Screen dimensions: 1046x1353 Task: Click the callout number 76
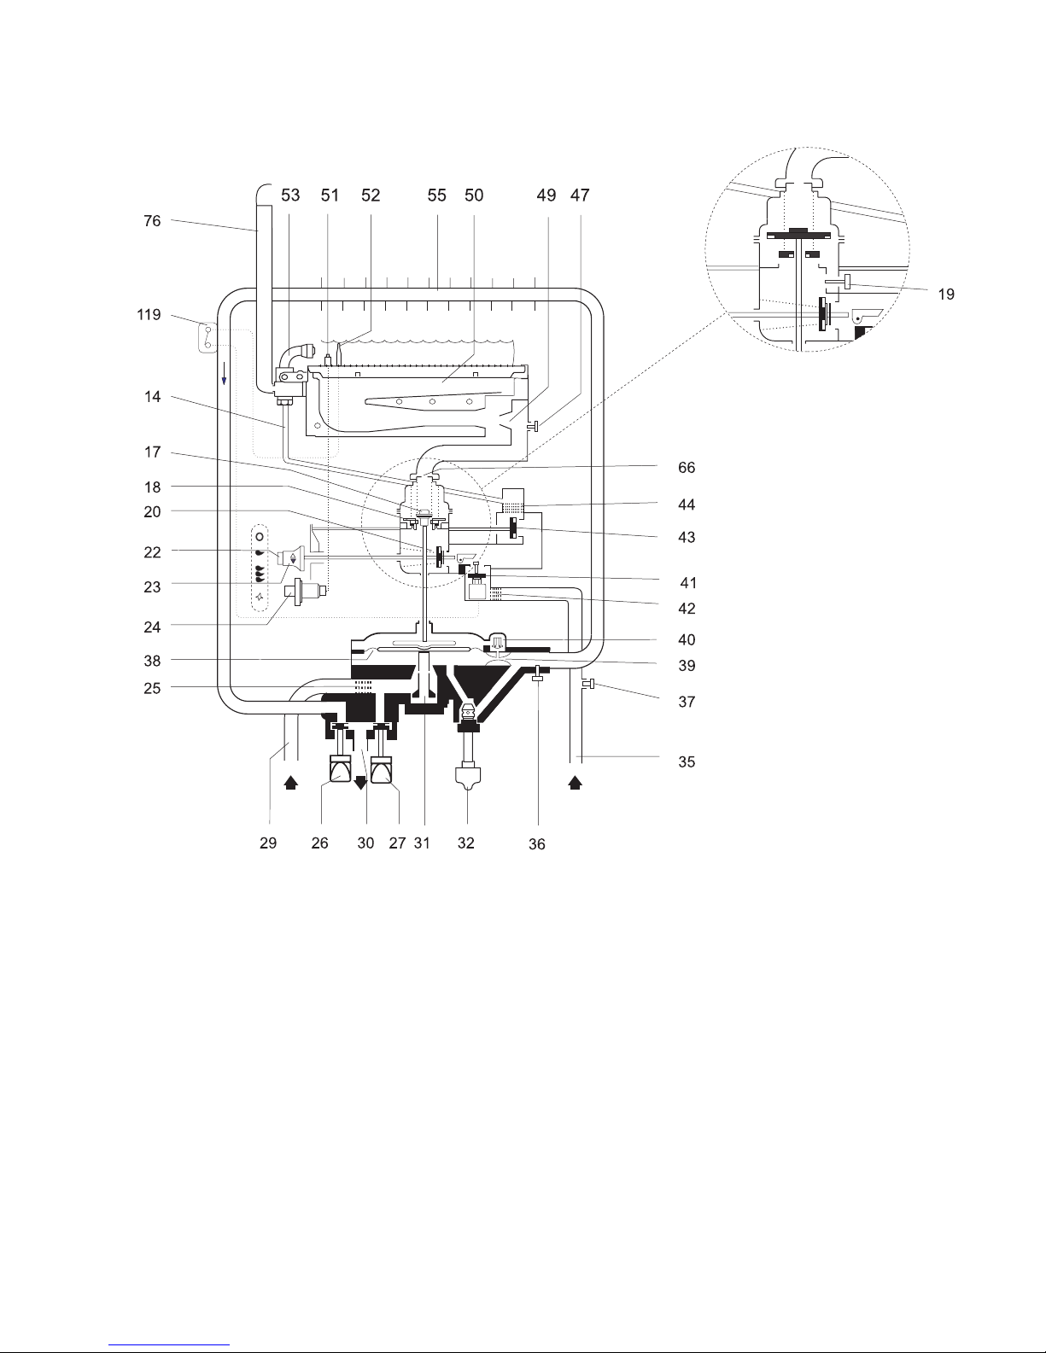pyautogui.click(x=152, y=221)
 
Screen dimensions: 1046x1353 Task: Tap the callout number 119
pyautogui.click(x=149, y=315)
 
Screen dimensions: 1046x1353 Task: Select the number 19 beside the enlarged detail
pyautogui.click(x=946, y=295)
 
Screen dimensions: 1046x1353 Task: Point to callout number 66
pyautogui.click(x=687, y=468)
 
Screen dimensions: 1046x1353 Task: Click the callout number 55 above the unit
pyautogui.click(x=436, y=195)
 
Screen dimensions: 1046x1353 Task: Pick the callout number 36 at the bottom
pyautogui.click(x=537, y=844)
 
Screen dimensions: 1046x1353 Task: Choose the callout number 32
pyautogui.click(x=465, y=843)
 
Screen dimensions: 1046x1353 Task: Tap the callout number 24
pyautogui.click(x=152, y=627)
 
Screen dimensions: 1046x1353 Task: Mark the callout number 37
pyautogui.click(x=687, y=703)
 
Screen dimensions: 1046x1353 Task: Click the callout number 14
pyautogui.click(x=152, y=397)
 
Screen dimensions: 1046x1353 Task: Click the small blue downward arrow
pyautogui.click(x=224, y=376)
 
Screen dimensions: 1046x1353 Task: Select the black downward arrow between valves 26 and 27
pyautogui.click(x=360, y=784)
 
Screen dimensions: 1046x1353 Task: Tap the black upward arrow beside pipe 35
pyautogui.click(x=575, y=783)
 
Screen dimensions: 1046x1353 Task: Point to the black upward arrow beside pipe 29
pyautogui.click(x=291, y=783)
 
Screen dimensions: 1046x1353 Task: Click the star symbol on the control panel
pyautogui.click(x=260, y=597)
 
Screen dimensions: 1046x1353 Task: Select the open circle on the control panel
pyautogui.click(x=260, y=537)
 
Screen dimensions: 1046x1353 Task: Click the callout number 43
pyautogui.click(x=687, y=537)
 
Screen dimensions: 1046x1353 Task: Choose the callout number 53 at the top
pyautogui.click(x=290, y=195)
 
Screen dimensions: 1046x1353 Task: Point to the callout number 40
pyautogui.click(x=687, y=640)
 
